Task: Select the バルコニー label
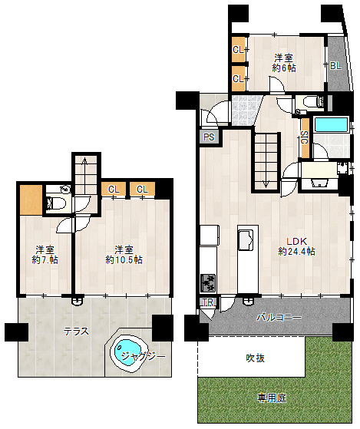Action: point(279,317)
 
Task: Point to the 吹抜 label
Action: point(256,358)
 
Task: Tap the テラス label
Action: point(76,332)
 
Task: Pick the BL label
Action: point(335,66)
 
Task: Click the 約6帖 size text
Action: point(284,68)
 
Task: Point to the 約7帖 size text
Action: point(45,259)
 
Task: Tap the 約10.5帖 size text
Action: point(124,259)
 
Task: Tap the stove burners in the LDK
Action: point(208,282)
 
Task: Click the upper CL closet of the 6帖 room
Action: point(239,51)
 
